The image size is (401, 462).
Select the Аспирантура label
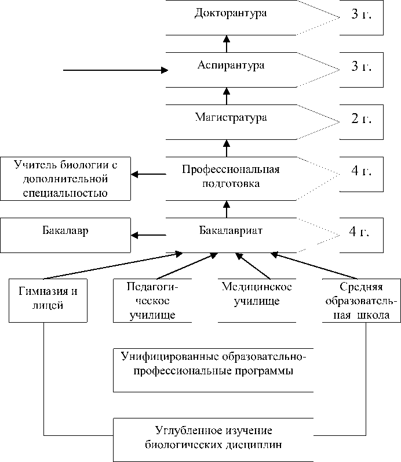click(x=231, y=66)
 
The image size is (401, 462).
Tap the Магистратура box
click(x=231, y=118)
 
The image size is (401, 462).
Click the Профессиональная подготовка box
click(x=231, y=176)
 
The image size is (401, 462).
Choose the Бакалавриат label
click(x=231, y=231)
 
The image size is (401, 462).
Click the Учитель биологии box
click(x=65, y=179)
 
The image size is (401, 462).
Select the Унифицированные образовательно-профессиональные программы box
click(x=213, y=369)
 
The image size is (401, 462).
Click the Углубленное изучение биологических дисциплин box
click(x=214, y=439)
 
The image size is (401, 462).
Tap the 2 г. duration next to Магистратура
click(x=361, y=120)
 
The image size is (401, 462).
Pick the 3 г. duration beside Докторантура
click(x=361, y=15)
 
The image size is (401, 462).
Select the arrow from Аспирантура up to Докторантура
click(x=227, y=43)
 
